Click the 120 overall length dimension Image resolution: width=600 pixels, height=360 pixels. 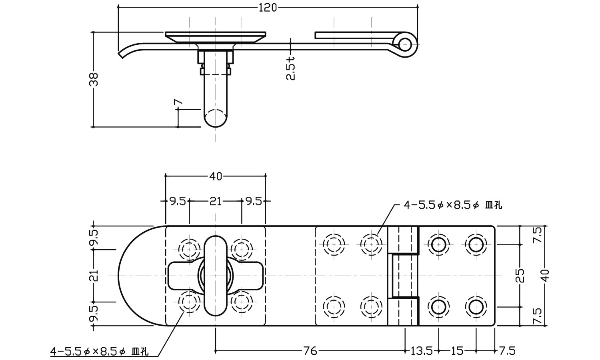pyautogui.click(x=268, y=7)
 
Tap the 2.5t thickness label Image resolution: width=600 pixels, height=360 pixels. pyautogui.click(x=291, y=68)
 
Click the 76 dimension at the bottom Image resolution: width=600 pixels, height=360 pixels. pyautogui.click(x=310, y=351)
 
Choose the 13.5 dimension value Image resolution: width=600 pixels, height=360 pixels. pyautogui.click(x=422, y=351)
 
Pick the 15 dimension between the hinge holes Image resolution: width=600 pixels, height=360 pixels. pyautogui.click(x=457, y=351)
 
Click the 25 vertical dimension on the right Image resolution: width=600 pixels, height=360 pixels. pyautogui.click(x=520, y=275)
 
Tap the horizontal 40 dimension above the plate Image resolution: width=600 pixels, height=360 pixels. pyautogui.click(x=215, y=176)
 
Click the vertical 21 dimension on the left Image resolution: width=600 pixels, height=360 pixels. pyautogui.click(x=94, y=276)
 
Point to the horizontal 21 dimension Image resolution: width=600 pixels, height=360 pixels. pyautogui.click(x=215, y=201)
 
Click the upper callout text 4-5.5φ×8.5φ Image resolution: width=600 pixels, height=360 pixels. pyautogui.click(x=452, y=205)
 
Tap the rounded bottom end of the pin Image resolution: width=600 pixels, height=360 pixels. pyautogui.click(x=216, y=119)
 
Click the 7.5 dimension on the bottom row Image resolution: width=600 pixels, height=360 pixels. pyautogui.click(x=507, y=351)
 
